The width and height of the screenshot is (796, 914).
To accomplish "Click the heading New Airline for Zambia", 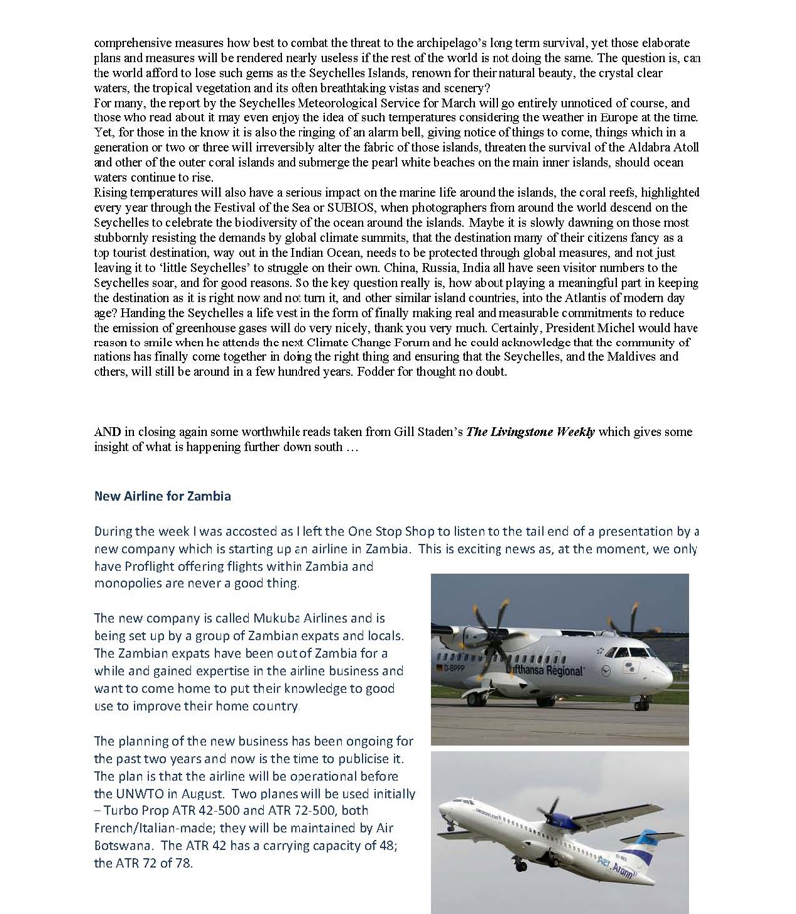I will click(162, 495).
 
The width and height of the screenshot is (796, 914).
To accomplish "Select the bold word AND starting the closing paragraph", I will click(107, 431).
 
